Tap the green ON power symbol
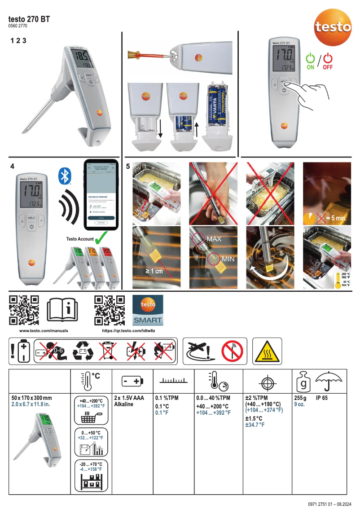pos(310,58)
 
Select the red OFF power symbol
pos(328,58)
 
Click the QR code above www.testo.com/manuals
pos(24,310)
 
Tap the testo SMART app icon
pos(148,310)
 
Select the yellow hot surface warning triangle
pos(266,351)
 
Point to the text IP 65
pos(321,398)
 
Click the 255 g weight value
pos(300,398)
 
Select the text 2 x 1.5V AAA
pos(130,398)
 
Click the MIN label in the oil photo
pos(228,259)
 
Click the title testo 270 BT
pos(29,19)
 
